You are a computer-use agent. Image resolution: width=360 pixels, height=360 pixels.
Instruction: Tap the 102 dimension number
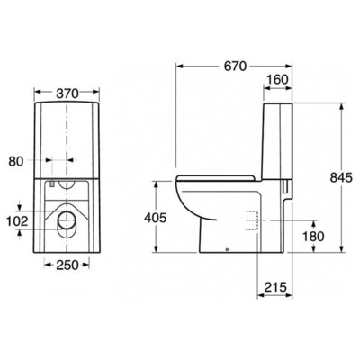15,220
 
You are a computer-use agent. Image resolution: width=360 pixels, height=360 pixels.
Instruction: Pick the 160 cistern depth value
279,80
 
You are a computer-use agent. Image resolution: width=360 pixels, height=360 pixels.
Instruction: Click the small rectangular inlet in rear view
56,184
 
